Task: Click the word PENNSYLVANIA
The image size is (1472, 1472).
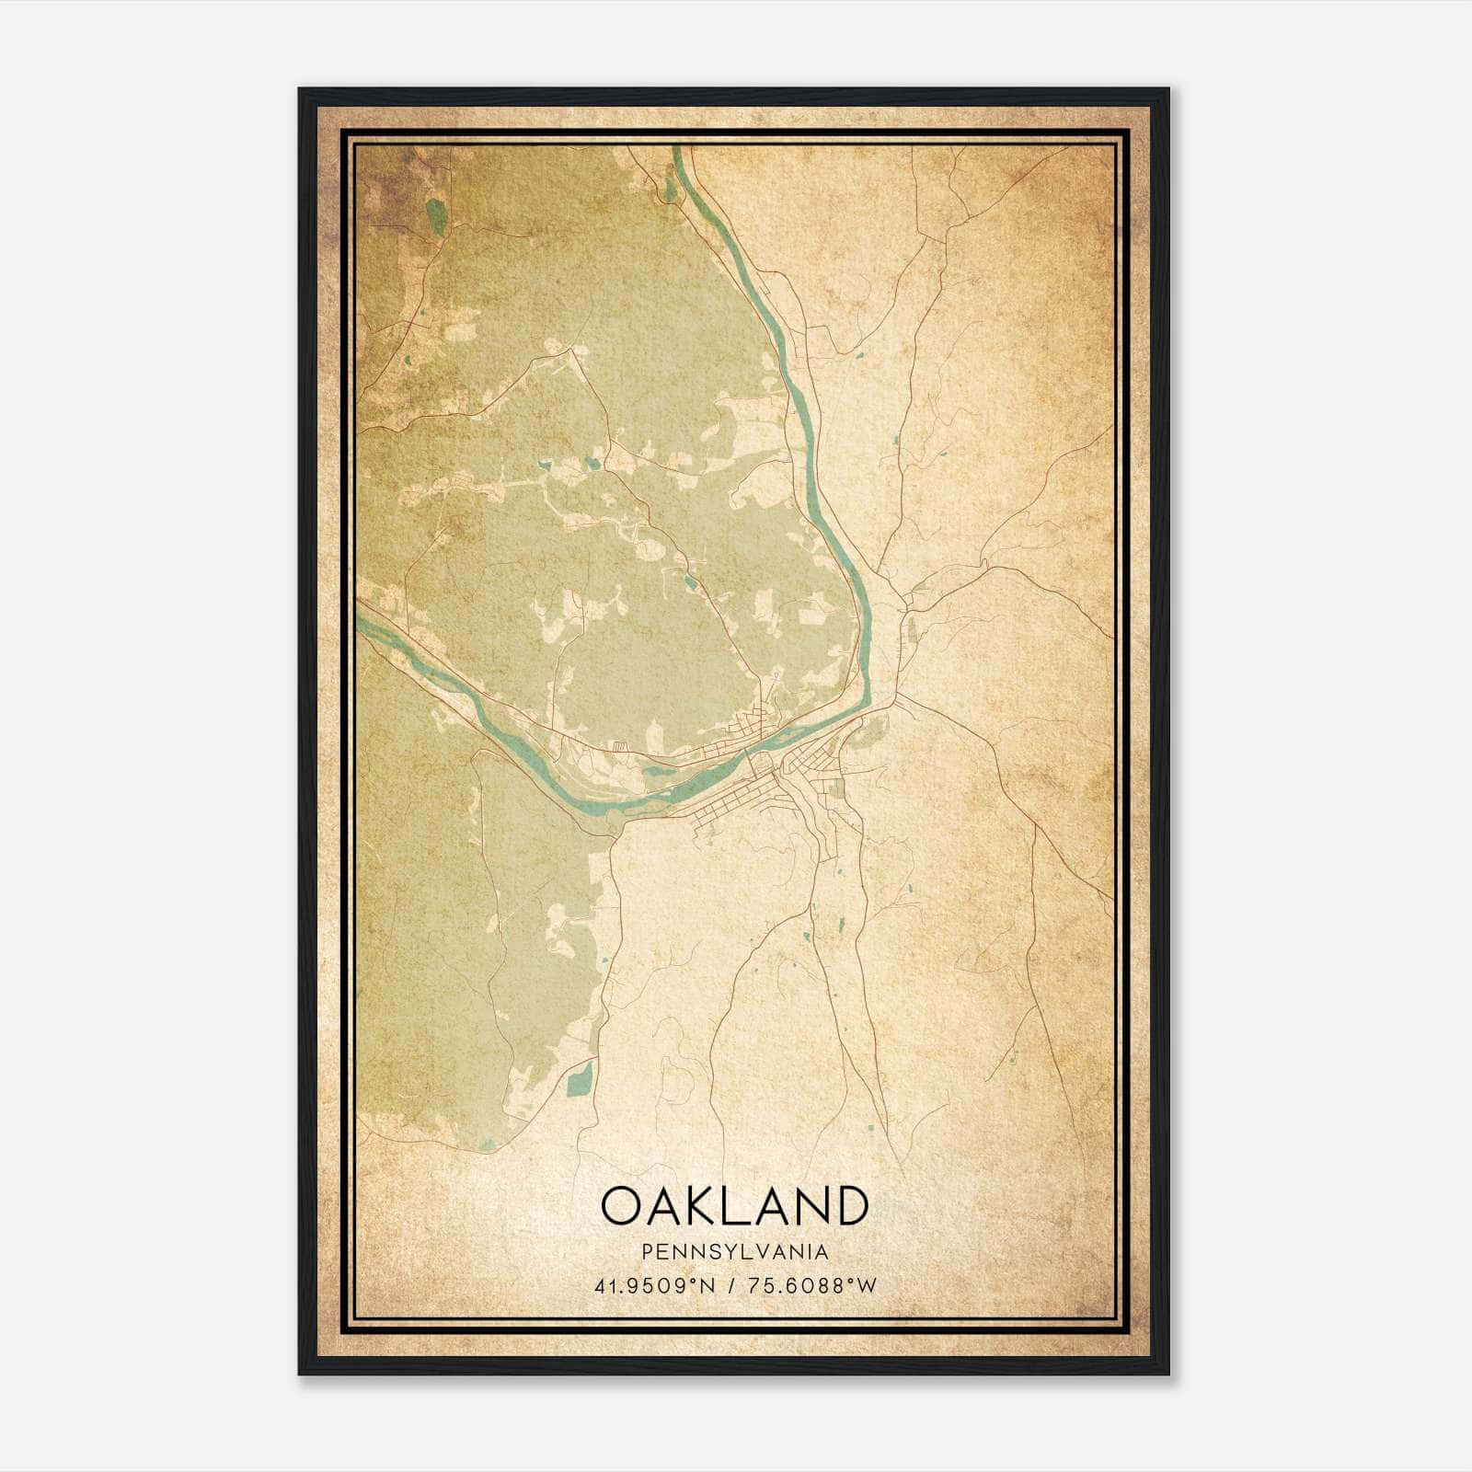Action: [735, 1252]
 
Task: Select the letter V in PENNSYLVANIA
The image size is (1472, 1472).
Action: [760, 1252]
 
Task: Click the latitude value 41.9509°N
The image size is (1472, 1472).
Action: [654, 1285]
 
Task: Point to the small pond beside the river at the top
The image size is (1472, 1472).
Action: [669, 187]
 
